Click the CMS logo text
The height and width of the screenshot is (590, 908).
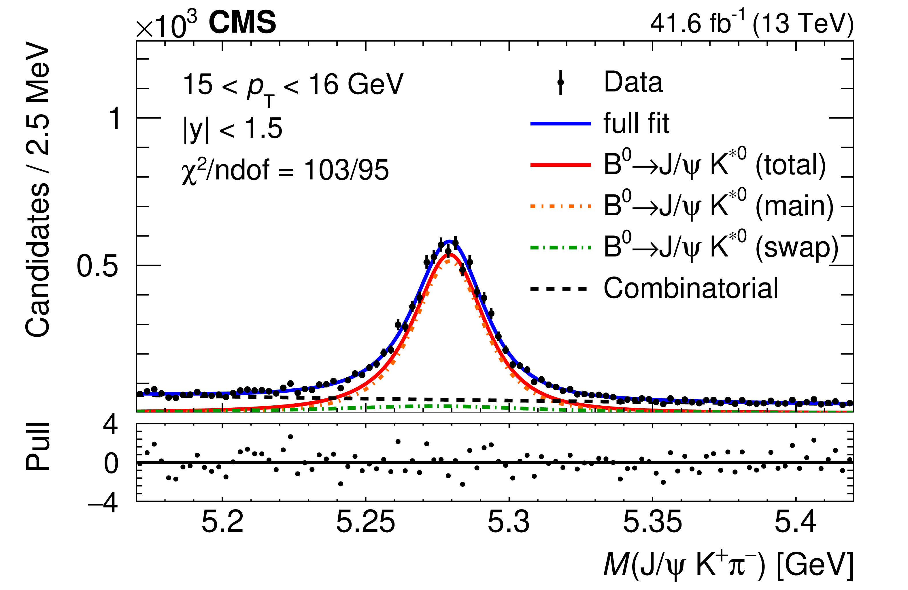242,22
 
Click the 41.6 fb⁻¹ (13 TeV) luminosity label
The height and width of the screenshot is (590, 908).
751,23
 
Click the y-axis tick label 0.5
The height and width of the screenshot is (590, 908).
97,266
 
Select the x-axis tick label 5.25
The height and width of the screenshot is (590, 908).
365,522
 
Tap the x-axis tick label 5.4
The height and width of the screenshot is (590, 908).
795,522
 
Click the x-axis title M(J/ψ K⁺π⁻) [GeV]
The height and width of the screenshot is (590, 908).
728,564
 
